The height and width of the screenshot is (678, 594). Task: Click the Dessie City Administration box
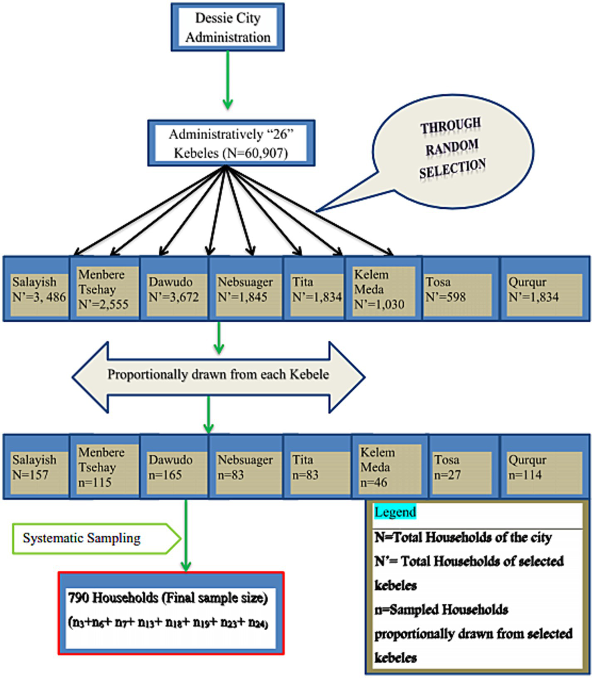[227, 27]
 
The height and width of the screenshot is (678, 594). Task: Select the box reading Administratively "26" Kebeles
[231, 143]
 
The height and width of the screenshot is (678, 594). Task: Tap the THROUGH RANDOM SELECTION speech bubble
[452, 149]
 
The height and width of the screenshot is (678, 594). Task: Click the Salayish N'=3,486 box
[38, 290]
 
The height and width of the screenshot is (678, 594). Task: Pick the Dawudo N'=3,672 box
[174, 290]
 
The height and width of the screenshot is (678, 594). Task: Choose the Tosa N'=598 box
[457, 290]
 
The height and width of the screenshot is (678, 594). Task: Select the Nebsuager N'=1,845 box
[245, 290]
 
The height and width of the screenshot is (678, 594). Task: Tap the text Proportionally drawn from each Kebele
[218, 375]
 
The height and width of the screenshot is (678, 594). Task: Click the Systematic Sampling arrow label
[82, 538]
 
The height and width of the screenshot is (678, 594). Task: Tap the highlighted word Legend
[395, 512]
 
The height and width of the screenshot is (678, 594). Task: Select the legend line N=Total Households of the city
[463, 537]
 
